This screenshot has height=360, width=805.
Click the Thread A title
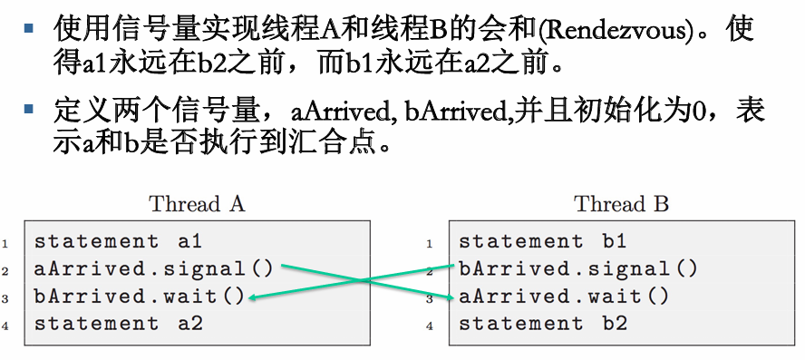197,204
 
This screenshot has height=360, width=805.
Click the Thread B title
621,204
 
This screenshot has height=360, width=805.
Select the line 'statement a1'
118,242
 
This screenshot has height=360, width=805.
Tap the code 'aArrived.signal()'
153,269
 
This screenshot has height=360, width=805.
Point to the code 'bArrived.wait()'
140,297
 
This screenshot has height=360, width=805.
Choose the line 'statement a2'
118,324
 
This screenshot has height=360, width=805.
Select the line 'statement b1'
542,242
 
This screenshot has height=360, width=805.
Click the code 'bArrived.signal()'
577,269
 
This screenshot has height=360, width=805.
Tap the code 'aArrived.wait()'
564,297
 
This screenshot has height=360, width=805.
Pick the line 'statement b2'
542,324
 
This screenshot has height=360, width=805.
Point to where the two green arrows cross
368,282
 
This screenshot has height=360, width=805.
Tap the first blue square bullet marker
31,28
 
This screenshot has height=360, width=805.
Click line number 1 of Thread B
430,243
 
